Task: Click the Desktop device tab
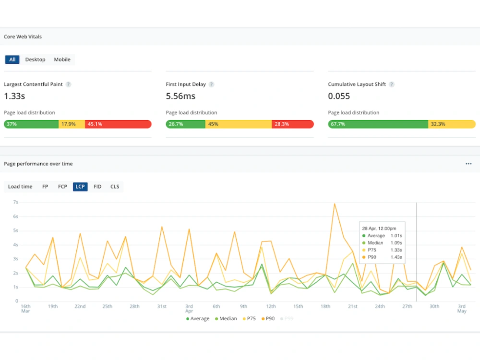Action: [35, 60]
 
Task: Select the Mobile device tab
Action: [62, 60]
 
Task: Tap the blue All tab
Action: [12, 60]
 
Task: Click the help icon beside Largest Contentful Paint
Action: [68, 84]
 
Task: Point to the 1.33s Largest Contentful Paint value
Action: [14, 96]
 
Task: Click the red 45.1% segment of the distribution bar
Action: [118, 124]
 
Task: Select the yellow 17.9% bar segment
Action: [72, 124]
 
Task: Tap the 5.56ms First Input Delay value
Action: [180, 96]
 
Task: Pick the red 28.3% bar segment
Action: [293, 124]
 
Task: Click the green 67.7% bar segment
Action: [378, 124]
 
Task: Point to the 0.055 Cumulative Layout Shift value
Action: [339, 96]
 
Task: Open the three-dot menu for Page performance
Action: [468, 164]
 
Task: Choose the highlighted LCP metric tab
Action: [80, 187]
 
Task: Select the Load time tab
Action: [20, 187]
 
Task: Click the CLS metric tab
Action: [115, 187]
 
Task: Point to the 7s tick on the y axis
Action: [16, 203]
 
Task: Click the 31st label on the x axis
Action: [162, 306]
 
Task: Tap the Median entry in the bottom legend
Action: [226, 319]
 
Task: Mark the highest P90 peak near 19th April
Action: [335, 204]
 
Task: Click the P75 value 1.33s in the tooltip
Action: [396, 250]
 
